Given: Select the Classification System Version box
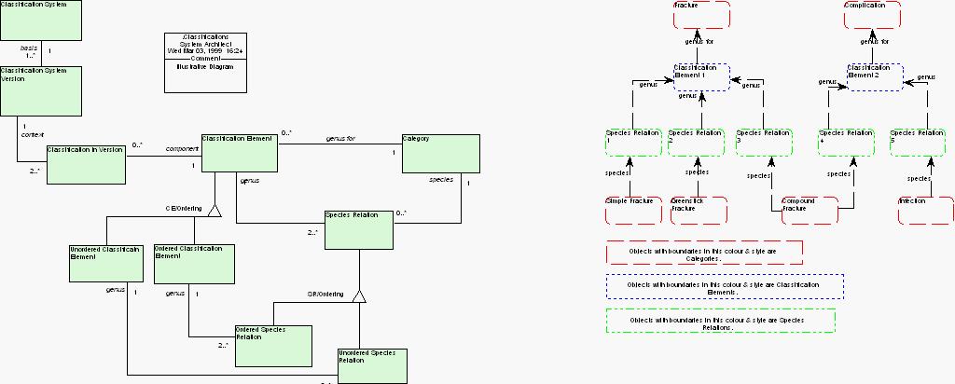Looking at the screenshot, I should [40, 89].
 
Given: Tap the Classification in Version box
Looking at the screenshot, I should [86, 164].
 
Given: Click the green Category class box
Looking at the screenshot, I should [441, 154].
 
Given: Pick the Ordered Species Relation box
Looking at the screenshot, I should [272, 345].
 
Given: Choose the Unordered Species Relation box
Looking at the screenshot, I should [373, 365].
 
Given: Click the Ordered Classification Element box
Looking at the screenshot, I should [194, 264].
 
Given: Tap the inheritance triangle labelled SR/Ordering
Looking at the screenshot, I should [360, 296].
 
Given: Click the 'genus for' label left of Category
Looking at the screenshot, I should [340, 139].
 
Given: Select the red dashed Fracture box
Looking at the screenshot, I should [701, 15].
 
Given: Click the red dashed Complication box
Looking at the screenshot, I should [872, 15].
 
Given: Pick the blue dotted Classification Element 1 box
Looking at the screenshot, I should [700, 76].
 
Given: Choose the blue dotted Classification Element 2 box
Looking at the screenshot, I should [875, 76].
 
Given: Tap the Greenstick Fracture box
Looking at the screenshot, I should [698, 210].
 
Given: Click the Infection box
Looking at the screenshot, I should [926, 210].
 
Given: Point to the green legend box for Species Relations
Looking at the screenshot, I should [720, 321].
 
